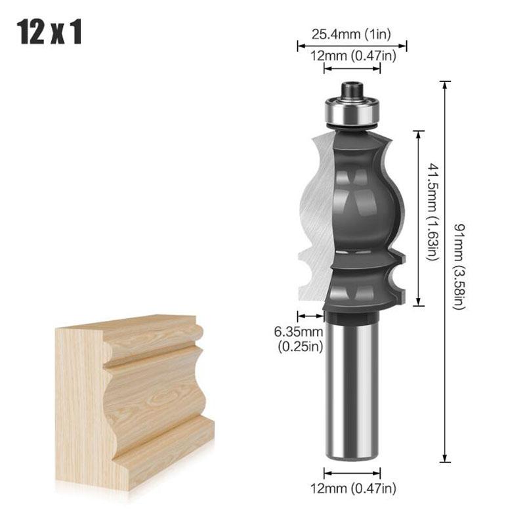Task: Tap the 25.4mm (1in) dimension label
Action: pyautogui.click(x=352, y=32)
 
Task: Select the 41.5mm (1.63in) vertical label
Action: pyautogui.click(x=432, y=212)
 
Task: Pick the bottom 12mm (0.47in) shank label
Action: pyautogui.click(x=353, y=488)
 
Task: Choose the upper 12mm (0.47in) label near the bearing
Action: pyautogui.click(x=353, y=56)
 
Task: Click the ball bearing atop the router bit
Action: pyautogui.click(x=352, y=112)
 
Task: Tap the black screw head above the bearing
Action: pyautogui.click(x=352, y=88)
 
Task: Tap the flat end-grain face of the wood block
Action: pyautogui.click(x=79, y=400)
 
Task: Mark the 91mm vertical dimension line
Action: pyautogui.click(x=446, y=328)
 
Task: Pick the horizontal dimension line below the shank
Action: pyautogui.click(x=353, y=472)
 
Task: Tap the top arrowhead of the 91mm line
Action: pyautogui.click(x=446, y=84)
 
